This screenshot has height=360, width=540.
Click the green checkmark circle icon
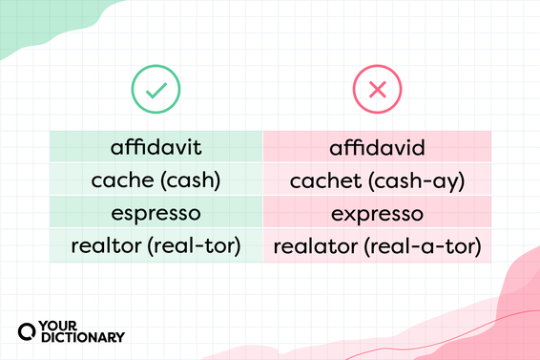(x=156, y=91)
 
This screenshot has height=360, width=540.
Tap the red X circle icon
(x=377, y=91)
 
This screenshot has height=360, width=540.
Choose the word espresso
(x=156, y=213)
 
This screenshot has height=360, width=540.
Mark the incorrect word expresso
(x=377, y=213)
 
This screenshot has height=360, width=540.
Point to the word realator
(x=314, y=245)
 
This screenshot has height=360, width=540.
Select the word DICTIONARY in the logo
(x=84, y=336)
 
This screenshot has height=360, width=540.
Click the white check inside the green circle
(x=156, y=91)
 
